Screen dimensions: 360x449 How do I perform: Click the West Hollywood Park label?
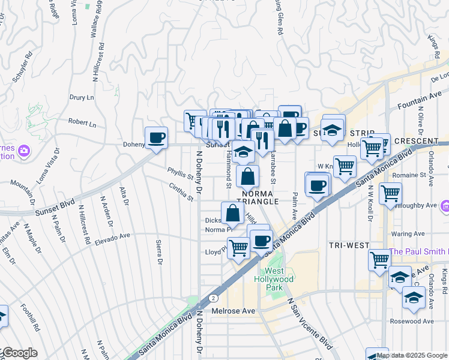coord(279,279)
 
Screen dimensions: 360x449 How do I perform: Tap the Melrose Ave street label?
coord(234,311)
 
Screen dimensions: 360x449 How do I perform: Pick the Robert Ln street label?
coord(82,124)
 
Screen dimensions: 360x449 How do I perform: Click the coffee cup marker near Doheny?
coord(156,138)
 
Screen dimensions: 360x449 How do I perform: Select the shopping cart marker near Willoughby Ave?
coord(390,193)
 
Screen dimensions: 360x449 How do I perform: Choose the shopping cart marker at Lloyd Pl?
coord(238,247)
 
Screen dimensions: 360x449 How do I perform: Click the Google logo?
coord(19,353)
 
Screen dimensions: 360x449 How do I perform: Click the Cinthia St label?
coord(181,191)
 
